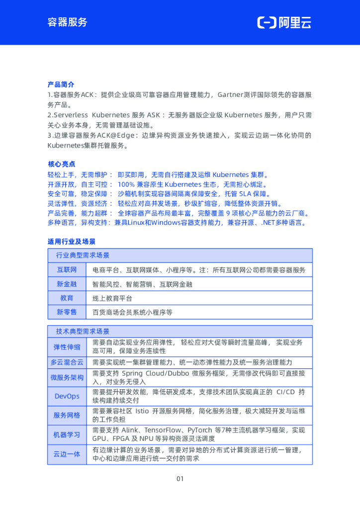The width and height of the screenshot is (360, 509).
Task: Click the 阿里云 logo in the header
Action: (x=284, y=22)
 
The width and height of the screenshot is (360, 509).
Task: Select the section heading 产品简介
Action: (x=61, y=85)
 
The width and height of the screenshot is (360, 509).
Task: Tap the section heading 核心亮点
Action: (x=61, y=164)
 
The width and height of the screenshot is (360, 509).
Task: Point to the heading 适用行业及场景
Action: (x=71, y=242)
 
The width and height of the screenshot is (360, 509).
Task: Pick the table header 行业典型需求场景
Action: (x=83, y=255)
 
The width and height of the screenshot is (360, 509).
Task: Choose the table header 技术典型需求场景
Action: (x=83, y=332)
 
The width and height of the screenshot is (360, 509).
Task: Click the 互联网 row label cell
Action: (x=67, y=270)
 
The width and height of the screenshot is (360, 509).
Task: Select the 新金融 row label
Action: (x=67, y=284)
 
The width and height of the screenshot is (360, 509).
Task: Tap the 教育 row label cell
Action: (x=67, y=298)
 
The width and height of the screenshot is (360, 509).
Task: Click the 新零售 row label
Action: (x=67, y=312)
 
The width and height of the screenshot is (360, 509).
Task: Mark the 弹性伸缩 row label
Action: (x=67, y=347)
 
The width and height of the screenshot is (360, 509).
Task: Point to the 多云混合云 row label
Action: (x=67, y=362)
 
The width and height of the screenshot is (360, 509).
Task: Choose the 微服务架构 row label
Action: (x=67, y=378)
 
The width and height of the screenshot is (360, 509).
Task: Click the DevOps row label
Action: (x=67, y=396)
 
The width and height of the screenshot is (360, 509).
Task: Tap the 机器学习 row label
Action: (x=67, y=434)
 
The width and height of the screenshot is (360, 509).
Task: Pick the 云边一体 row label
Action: (x=67, y=454)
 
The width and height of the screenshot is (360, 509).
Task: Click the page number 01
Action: (x=180, y=479)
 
